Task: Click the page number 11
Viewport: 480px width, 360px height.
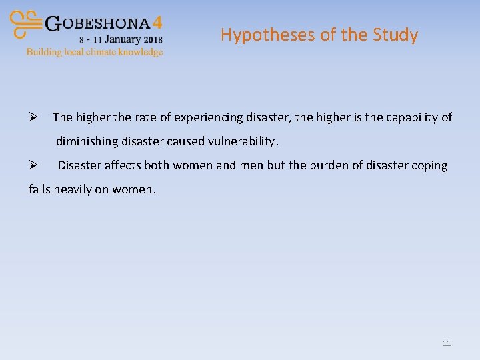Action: click(446, 343)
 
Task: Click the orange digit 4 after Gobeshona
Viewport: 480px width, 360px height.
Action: click(157, 23)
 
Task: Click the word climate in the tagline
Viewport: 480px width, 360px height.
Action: click(99, 51)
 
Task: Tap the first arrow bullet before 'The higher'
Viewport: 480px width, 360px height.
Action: click(33, 117)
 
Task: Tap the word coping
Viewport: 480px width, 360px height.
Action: click(430, 165)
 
